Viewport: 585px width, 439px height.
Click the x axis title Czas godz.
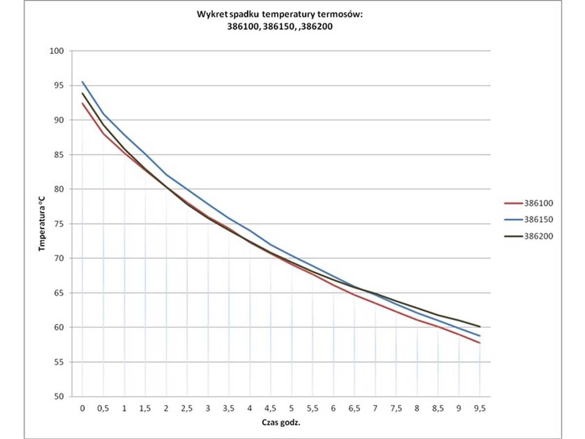coord(280,422)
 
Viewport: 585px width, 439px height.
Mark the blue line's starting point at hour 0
coord(82,82)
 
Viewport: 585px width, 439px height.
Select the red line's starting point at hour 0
coord(82,103)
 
